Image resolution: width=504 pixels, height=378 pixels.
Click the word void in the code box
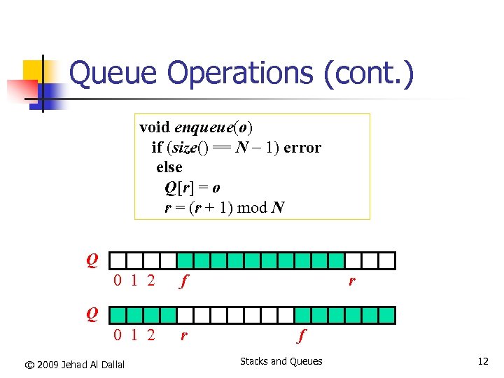pyautogui.click(x=154, y=127)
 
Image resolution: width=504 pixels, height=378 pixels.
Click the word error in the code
pyautogui.click(x=302, y=148)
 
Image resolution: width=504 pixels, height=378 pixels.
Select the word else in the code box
pyautogui.click(x=169, y=167)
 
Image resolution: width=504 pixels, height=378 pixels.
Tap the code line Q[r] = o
pyautogui.click(x=192, y=188)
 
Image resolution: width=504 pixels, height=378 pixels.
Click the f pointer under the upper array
pyautogui.click(x=183, y=282)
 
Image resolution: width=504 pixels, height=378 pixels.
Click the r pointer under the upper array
pyautogui.click(x=352, y=281)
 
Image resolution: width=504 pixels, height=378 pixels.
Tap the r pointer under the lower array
pyautogui.click(x=183, y=335)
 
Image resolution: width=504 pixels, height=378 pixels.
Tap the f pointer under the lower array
pyautogui.click(x=302, y=336)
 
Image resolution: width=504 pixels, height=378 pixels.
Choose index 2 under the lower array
pyautogui.click(x=150, y=335)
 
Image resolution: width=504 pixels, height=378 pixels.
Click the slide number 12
pyautogui.click(x=483, y=362)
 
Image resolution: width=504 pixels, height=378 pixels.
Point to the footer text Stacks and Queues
pyautogui.click(x=281, y=361)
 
